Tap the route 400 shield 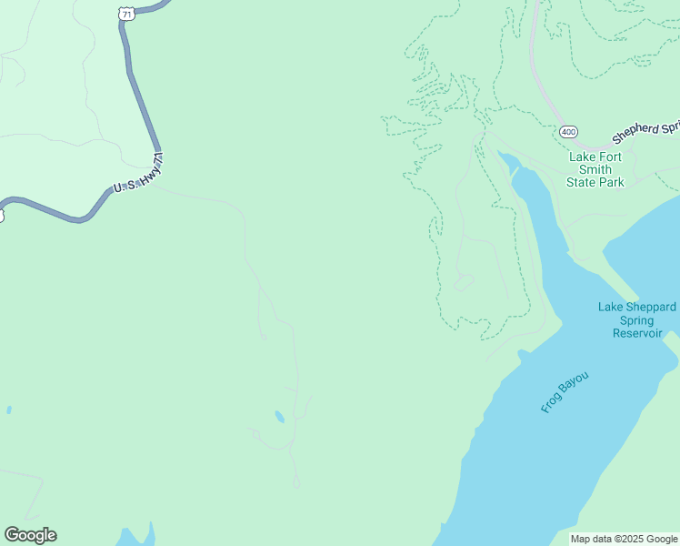tap(568, 132)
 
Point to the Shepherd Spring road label tap(645, 133)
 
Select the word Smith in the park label tap(595, 169)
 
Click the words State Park tap(595, 182)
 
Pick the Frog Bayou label tap(565, 392)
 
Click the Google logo tap(31, 535)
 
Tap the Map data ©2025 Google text tap(623, 539)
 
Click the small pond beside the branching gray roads tap(279, 417)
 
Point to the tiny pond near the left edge tap(8, 410)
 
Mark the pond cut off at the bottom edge tap(136, 536)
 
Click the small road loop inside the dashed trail tap(464, 282)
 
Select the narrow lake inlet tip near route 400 tap(502, 157)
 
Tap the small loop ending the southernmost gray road tap(295, 483)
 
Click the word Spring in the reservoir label tap(636, 320)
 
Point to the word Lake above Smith tap(582, 157)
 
